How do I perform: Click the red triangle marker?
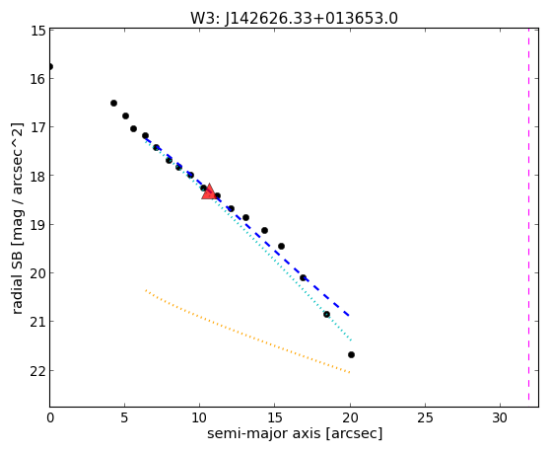point(209,191)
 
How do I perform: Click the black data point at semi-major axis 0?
point(50,66)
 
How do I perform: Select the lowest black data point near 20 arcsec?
point(351,354)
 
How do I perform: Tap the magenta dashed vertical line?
point(528,214)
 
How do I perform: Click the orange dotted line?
point(247,332)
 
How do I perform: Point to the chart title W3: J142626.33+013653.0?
point(294,18)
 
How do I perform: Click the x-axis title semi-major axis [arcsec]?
point(295,433)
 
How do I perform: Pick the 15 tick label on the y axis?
point(37,31)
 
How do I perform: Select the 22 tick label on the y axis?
point(37,371)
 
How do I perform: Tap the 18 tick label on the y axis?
point(37,176)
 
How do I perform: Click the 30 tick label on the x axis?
point(500,417)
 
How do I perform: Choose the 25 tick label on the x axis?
point(425,417)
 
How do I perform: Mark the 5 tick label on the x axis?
point(125,417)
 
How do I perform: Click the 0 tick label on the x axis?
point(50,417)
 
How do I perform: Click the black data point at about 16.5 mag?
point(113,103)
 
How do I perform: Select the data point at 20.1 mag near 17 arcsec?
point(303,277)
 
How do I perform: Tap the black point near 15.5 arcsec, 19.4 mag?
point(281,246)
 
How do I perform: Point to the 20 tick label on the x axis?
point(350,417)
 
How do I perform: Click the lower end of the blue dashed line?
point(349,316)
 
